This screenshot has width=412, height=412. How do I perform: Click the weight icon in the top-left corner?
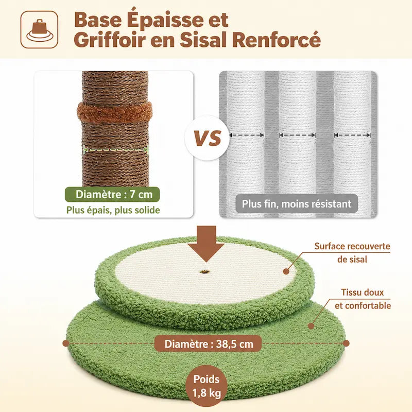[x=39, y=30]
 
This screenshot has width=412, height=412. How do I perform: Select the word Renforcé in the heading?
[x=277, y=40]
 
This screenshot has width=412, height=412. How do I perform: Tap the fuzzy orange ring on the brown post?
[x=115, y=112]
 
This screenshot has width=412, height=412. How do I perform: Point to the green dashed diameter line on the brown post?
[x=115, y=149]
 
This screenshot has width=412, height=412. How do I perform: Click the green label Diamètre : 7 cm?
[x=112, y=195]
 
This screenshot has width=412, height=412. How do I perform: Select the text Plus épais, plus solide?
[x=113, y=210]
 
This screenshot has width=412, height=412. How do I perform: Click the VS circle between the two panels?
[x=207, y=138]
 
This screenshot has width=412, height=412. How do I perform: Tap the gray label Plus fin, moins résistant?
[x=297, y=203]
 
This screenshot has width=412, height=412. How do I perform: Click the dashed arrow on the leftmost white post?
[x=247, y=135]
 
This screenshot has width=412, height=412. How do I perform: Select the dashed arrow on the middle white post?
[x=297, y=135]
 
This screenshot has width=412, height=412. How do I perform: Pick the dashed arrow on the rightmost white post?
[x=352, y=135]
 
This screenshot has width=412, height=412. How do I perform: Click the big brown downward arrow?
[x=206, y=243]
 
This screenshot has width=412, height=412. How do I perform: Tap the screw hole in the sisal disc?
[x=203, y=272]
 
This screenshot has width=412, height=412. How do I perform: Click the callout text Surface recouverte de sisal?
[x=352, y=253]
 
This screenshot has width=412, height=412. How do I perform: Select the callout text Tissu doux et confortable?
[x=363, y=299]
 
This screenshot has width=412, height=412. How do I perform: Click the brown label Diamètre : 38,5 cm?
[x=209, y=344]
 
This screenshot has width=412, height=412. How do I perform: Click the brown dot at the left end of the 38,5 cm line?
[x=66, y=343]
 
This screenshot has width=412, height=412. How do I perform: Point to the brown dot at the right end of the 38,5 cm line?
[x=346, y=343]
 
